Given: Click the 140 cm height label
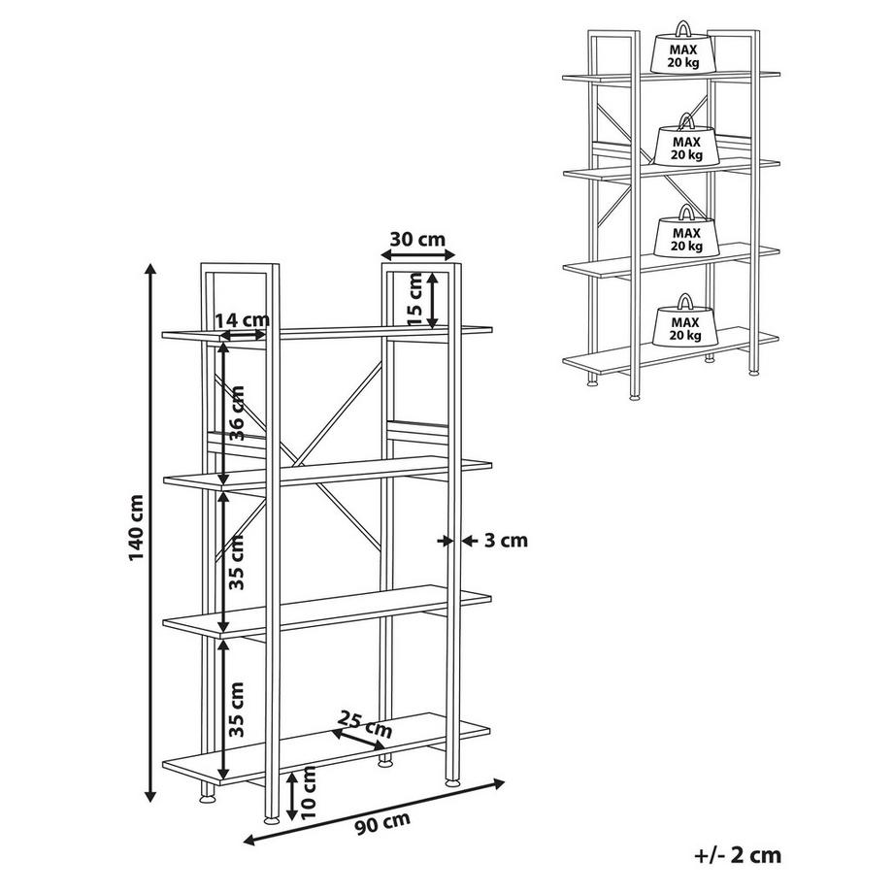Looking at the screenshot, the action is (137, 527).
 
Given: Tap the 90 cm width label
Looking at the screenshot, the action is (383, 823).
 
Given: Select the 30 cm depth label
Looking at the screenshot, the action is (418, 239).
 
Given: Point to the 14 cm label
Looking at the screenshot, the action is (242, 319).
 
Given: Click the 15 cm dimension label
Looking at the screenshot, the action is (415, 299).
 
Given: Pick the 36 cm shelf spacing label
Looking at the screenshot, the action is (236, 413).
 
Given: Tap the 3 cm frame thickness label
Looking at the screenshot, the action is (506, 540).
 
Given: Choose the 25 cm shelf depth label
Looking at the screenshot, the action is (365, 723).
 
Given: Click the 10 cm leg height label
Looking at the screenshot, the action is (307, 792).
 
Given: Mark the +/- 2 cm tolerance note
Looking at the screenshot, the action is (738, 855).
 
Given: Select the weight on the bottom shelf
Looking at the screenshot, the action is (685, 320).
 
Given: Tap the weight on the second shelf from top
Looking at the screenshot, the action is (687, 140).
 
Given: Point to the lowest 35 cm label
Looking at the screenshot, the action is (236, 710).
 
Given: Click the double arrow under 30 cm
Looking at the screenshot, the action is (418, 254).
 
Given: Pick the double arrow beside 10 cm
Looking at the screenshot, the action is (291, 796).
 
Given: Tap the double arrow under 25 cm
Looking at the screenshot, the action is (359, 740).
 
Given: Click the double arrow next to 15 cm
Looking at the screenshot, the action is (433, 301).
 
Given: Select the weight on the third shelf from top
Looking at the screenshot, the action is (686, 230).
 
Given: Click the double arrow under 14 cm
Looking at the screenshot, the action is (243, 336).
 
